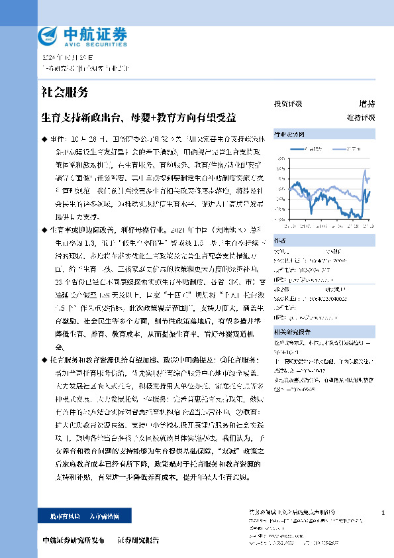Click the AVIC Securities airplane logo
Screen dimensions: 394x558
[x=48, y=36]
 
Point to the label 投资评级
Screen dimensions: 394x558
[x=287, y=104]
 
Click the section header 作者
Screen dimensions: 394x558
[x=280, y=242]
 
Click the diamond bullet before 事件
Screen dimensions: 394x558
[x=44, y=141]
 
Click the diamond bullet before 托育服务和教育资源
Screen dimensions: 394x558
[x=44, y=357]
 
